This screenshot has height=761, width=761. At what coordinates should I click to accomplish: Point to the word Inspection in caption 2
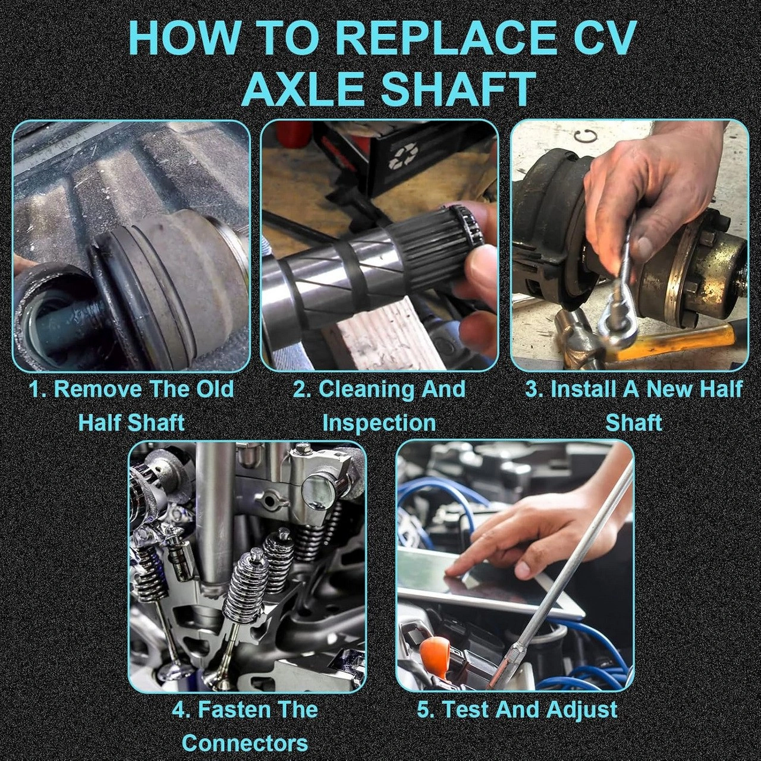[379, 423]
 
